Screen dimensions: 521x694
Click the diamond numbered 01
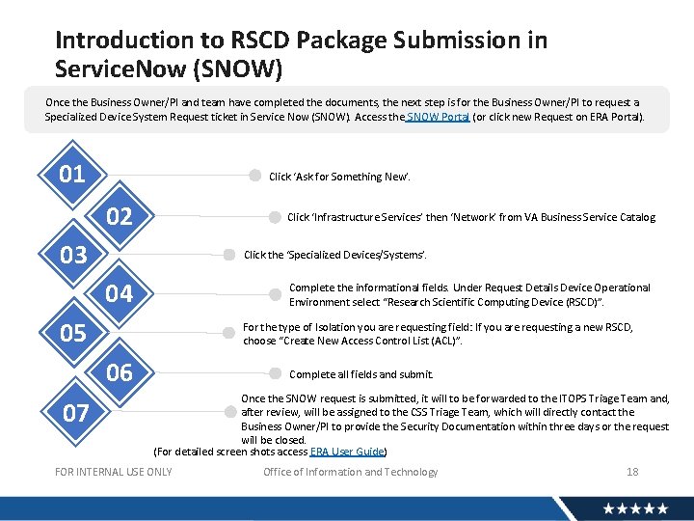(72, 175)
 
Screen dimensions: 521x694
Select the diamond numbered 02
(119, 215)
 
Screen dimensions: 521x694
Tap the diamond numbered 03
(72, 255)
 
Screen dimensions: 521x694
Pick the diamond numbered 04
(119, 293)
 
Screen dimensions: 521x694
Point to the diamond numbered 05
(72, 333)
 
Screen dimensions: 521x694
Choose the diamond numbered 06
(119, 372)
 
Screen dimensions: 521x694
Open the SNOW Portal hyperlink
(439, 117)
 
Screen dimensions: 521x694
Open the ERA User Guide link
(347, 452)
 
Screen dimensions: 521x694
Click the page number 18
(632, 472)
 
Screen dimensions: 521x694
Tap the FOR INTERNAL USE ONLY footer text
(114, 472)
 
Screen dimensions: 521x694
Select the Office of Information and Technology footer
(350, 472)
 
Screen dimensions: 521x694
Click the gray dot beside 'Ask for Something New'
(254, 177)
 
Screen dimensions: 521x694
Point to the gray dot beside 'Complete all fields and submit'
(275, 373)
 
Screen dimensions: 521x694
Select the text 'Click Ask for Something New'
(339, 178)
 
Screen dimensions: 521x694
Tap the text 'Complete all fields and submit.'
(361, 374)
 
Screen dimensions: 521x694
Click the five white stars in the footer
(635, 508)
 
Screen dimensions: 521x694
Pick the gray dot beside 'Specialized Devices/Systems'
(229, 255)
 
